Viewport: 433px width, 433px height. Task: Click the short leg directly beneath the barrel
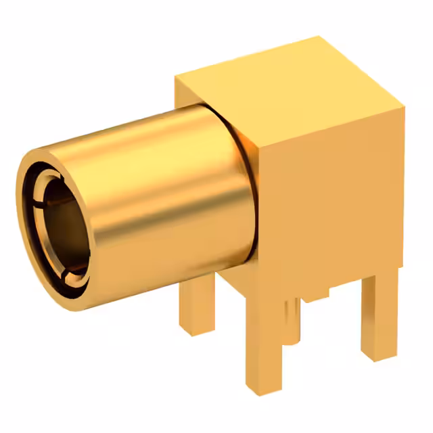pyautogui.click(x=198, y=311)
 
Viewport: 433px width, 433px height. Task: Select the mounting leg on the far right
pyautogui.click(x=379, y=318)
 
